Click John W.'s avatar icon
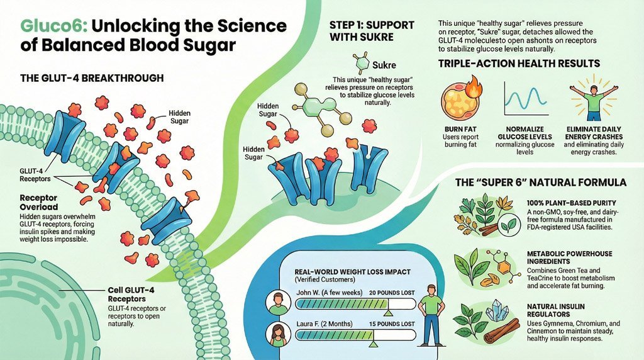click(277, 303)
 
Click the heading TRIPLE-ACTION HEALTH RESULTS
click(519, 64)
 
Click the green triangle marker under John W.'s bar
click(389, 312)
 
